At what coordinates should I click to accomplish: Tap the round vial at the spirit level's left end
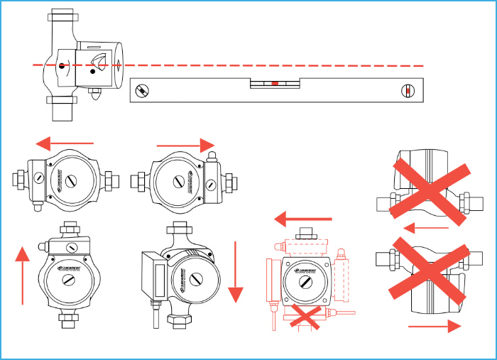pyautogui.click(x=143, y=91)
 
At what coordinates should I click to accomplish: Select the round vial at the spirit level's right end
pyautogui.click(x=407, y=91)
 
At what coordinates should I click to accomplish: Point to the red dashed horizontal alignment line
pyautogui.click(x=284, y=65)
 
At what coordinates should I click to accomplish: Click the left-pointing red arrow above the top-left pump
pyautogui.click(x=65, y=143)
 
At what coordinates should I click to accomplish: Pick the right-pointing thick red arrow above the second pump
pyautogui.click(x=185, y=146)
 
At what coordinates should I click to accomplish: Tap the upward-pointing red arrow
pyautogui.click(x=23, y=273)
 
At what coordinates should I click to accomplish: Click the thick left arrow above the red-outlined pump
pyautogui.click(x=304, y=218)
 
